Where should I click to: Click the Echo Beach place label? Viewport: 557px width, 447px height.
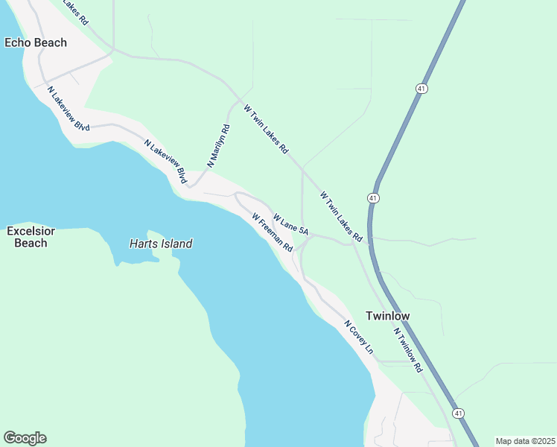[36, 42]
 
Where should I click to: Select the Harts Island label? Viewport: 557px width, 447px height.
[161, 244]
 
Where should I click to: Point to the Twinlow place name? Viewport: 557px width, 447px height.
[387, 316]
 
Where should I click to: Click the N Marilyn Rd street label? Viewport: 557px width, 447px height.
[219, 145]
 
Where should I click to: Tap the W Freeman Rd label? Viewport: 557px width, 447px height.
[272, 232]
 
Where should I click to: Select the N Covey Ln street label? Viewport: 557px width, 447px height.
[358, 337]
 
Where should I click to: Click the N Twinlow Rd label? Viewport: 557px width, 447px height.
[408, 350]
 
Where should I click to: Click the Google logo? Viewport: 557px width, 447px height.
[25, 438]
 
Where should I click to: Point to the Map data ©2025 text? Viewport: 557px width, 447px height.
[525, 440]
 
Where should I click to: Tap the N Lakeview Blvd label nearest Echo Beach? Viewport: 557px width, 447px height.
[68, 110]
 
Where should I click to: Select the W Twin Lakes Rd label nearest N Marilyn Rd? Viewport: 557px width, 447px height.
[266, 129]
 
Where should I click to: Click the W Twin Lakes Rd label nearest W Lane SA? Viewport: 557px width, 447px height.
[341, 217]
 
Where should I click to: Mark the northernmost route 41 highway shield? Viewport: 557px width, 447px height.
[421, 88]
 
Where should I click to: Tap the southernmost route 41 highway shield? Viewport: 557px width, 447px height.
[458, 413]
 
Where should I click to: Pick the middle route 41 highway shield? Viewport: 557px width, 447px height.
[373, 197]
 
